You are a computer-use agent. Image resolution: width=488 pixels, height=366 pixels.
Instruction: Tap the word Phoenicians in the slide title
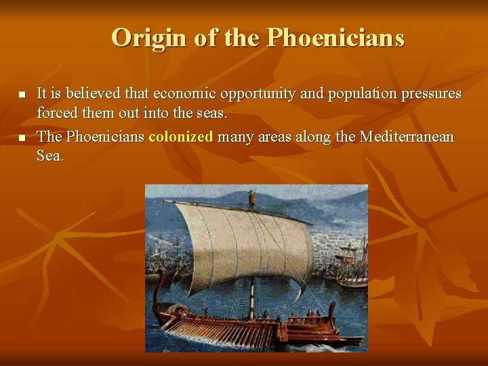point(335,38)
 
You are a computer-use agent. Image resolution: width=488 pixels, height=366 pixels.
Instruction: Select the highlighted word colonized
point(181,137)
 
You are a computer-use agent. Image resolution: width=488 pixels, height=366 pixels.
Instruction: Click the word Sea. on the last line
point(51,156)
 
